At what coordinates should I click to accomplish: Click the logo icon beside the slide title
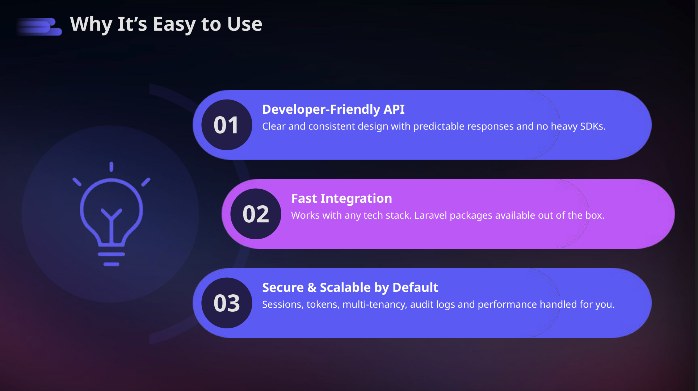(x=40, y=27)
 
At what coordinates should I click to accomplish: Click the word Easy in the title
(x=174, y=25)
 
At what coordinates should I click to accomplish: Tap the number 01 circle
(x=227, y=125)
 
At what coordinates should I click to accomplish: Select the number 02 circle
(x=256, y=214)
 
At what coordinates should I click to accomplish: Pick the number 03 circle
(x=227, y=303)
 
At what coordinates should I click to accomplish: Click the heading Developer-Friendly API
(x=333, y=109)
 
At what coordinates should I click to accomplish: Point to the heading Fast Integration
(x=341, y=198)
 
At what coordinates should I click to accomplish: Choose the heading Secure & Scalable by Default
(x=350, y=287)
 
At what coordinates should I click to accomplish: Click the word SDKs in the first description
(x=592, y=126)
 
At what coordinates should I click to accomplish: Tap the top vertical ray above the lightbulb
(x=112, y=167)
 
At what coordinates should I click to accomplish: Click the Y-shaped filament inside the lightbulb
(x=112, y=221)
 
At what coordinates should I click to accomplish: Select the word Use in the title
(x=245, y=25)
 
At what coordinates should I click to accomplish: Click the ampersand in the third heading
(x=312, y=287)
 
